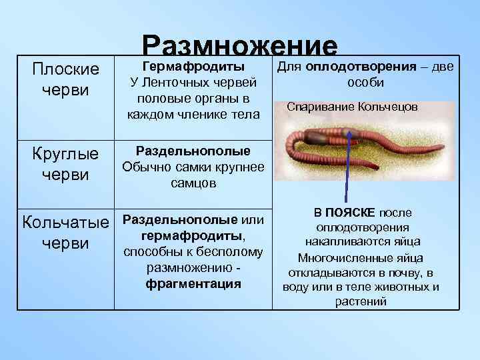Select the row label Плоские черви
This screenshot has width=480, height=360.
(66, 79)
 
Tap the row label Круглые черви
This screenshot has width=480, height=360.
(66, 164)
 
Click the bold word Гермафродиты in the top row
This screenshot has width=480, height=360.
(193, 67)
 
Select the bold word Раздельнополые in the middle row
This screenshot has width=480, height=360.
(193, 151)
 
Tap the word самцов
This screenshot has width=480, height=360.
(193, 183)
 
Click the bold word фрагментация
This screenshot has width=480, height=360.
(193, 283)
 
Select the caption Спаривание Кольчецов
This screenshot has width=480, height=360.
(353, 107)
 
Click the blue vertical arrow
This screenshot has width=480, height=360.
(347, 167)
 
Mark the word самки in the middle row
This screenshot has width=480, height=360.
(186, 167)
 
